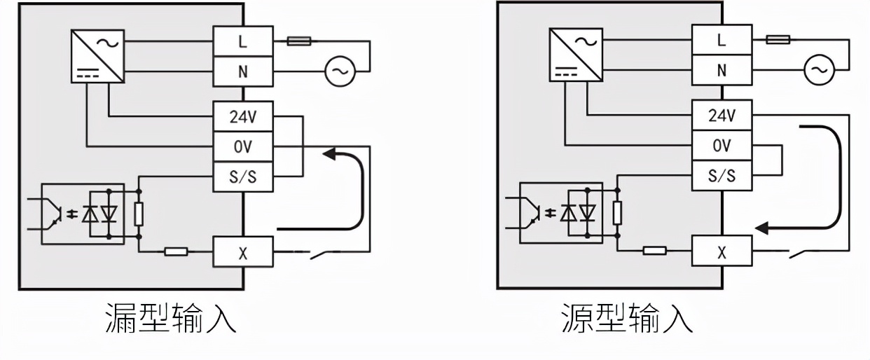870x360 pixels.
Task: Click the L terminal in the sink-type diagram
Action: click(242, 41)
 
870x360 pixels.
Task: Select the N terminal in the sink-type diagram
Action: click(242, 71)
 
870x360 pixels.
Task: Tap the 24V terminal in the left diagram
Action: click(242, 117)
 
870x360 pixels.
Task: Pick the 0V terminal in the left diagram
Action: click(242, 147)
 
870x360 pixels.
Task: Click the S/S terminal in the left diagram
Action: click(242, 177)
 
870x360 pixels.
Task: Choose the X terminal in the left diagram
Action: click(242, 253)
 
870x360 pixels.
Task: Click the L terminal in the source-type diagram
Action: click(721, 40)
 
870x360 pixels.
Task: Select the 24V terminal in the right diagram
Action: click(721, 116)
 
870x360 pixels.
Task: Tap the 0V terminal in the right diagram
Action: click(721, 146)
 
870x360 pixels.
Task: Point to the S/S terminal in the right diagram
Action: click(721, 176)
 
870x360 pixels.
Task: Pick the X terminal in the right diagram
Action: click(721, 251)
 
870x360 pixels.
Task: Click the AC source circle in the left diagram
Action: click(340, 71)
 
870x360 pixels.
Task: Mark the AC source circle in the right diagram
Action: click(817, 69)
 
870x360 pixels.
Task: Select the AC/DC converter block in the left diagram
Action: click(98, 56)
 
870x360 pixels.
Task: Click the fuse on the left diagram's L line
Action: click(299, 41)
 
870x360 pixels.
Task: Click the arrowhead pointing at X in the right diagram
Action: click(764, 228)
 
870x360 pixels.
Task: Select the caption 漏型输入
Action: click(170, 318)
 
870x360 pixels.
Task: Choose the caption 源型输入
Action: click(627, 318)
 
